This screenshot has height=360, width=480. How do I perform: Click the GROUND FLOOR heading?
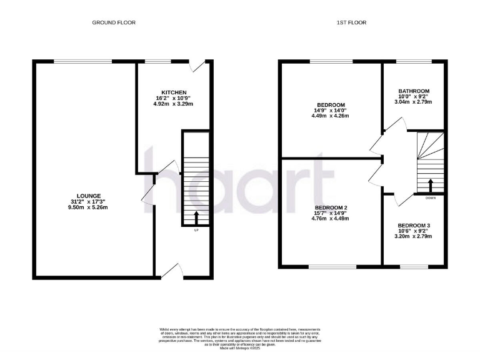pos(114,22)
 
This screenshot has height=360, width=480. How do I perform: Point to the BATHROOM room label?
pos(413,90)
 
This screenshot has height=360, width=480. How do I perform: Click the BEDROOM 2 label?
pos(331,207)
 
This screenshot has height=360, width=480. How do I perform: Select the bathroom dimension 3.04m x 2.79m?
pos(413,101)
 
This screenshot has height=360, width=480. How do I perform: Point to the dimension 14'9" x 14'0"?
pos(331,111)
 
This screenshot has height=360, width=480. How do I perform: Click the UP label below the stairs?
pos(196,231)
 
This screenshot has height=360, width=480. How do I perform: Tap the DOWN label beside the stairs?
pos(430,197)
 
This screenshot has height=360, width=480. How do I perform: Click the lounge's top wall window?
pos(83,61)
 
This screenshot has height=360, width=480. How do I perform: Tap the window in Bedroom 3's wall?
pos(409,266)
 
